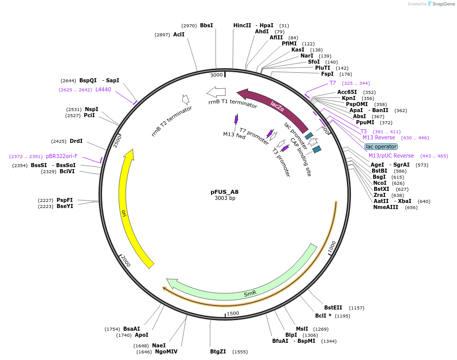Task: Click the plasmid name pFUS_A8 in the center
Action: point(225,192)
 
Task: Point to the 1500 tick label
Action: point(233,314)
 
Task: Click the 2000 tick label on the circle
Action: point(126,262)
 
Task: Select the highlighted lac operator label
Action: point(381,146)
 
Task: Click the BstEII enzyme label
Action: point(333,307)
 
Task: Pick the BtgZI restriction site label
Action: point(222,351)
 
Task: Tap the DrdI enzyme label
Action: point(76,141)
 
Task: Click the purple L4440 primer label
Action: point(103,89)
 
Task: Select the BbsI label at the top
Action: point(207,25)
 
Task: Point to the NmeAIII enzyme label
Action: point(387,207)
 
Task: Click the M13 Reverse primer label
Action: point(379,137)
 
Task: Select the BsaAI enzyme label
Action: point(131,329)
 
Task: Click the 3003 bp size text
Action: point(225,198)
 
